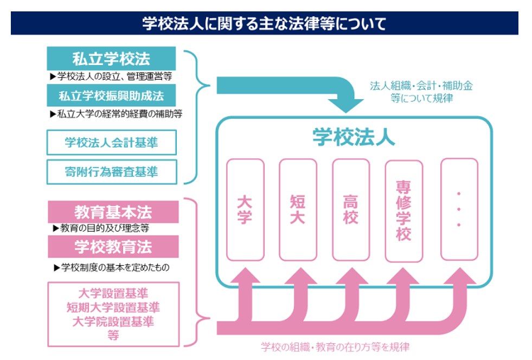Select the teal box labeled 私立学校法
coord(111,59)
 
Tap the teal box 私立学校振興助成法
coord(111,96)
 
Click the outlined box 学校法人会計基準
coord(111,143)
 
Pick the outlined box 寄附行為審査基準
coord(111,172)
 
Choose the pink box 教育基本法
coord(113,211)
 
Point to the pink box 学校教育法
coord(113,247)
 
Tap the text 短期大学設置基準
coord(113,307)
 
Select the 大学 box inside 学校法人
coord(245,209)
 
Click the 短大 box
coord(298,209)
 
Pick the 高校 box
coord(350,209)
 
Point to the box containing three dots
coord(459,209)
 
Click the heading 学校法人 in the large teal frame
coord(354,137)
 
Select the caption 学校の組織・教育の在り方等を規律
coord(335,347)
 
